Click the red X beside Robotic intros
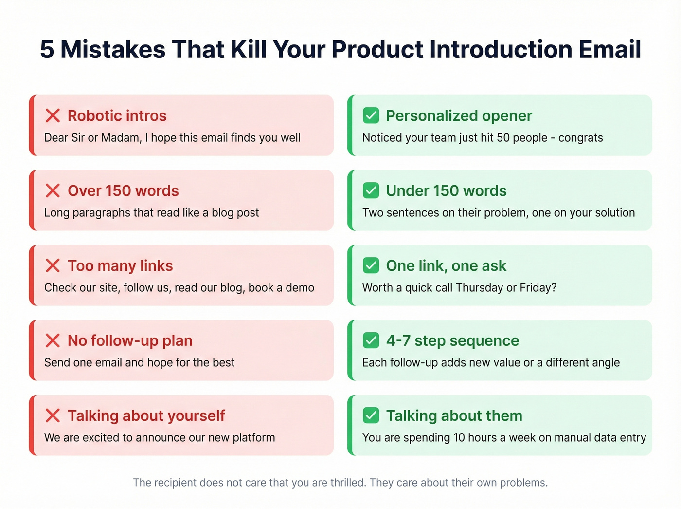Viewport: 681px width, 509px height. pos(53,116)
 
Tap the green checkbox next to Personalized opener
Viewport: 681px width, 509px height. pos(371,115)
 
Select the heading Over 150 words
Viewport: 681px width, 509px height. pos(123,191)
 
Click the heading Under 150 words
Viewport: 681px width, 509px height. pos(446,191)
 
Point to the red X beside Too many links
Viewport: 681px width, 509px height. pos(53,266)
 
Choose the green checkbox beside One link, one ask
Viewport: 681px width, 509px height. pos(371,265)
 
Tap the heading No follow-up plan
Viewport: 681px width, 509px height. pos(130,341)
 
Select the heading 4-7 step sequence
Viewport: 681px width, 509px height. pos(452,341)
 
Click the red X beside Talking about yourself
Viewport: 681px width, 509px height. pos(53,416)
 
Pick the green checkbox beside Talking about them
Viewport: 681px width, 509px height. pos(371,415)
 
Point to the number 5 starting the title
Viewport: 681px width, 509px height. pos(47,50)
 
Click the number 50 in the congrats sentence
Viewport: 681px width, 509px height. pos(503,138)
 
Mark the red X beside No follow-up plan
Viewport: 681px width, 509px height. pos(53,341)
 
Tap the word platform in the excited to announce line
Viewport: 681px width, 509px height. pos(254,438)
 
